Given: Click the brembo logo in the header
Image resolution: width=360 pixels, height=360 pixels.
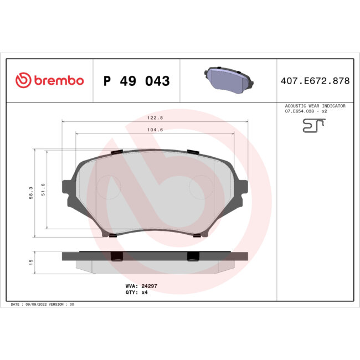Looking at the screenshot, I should [50, 81].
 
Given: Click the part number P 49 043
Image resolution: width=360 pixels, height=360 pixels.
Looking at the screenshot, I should [136, 81].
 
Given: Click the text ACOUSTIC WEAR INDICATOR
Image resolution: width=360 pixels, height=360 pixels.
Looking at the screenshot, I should [315, 105].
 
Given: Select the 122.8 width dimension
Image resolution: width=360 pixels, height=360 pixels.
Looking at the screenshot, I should [155, 118].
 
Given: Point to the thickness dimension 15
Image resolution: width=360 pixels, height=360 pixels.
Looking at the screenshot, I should [31, 261].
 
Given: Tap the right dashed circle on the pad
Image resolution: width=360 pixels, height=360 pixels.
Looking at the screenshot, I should [201, 188].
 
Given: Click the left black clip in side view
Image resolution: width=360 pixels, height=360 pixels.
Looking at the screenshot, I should [117, 256].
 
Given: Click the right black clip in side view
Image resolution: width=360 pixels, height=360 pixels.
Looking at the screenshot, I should [193, 256].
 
